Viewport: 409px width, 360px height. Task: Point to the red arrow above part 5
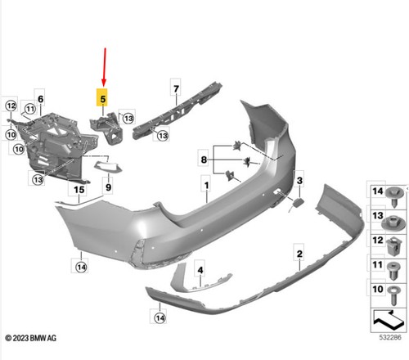[104, 67]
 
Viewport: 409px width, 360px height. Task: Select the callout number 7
[176, 88]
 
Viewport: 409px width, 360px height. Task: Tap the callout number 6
[40, 99]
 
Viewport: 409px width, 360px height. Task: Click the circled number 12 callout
[11, 106]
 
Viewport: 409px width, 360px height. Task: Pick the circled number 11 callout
[30, 109]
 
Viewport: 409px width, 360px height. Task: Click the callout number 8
[204, 160]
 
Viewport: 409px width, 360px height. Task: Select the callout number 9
[108, 187]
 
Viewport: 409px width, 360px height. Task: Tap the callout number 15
[79, 189]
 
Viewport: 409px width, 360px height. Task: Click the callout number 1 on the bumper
[206, 186]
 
